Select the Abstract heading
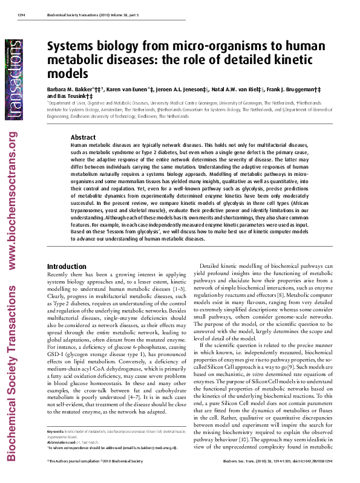83,137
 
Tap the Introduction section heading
67,266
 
